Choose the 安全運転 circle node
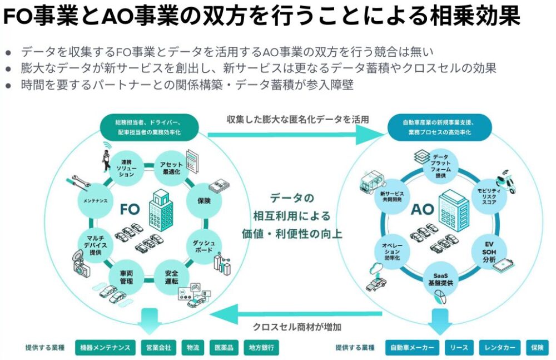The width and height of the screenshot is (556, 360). (171, 278)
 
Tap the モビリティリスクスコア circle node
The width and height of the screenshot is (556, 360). (488, 198)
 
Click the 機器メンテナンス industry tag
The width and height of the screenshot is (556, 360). (105, 348)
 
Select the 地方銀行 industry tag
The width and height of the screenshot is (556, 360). (261, 348)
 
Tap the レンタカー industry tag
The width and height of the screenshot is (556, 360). (500, 348)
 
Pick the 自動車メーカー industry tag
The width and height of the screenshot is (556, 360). (412, 348)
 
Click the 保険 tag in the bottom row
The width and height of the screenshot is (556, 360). (537, 348)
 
